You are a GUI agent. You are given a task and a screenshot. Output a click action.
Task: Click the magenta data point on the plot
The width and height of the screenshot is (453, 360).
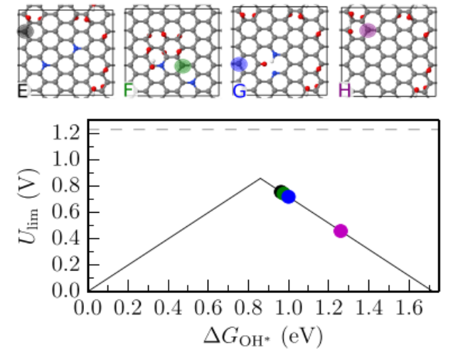point(340,231)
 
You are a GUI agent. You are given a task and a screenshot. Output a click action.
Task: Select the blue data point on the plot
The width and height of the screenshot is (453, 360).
point(288,196)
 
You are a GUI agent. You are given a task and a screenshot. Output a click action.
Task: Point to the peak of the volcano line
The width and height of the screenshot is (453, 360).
point(260,178)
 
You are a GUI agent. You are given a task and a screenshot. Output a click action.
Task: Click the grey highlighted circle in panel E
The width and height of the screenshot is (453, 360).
point(25,31)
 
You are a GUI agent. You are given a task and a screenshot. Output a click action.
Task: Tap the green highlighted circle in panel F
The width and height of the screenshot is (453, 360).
point(183,66)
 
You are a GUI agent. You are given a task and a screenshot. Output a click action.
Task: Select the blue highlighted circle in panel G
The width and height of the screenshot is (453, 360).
point(240,65)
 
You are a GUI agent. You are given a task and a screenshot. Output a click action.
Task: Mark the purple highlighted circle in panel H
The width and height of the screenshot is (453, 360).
point(367,30)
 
